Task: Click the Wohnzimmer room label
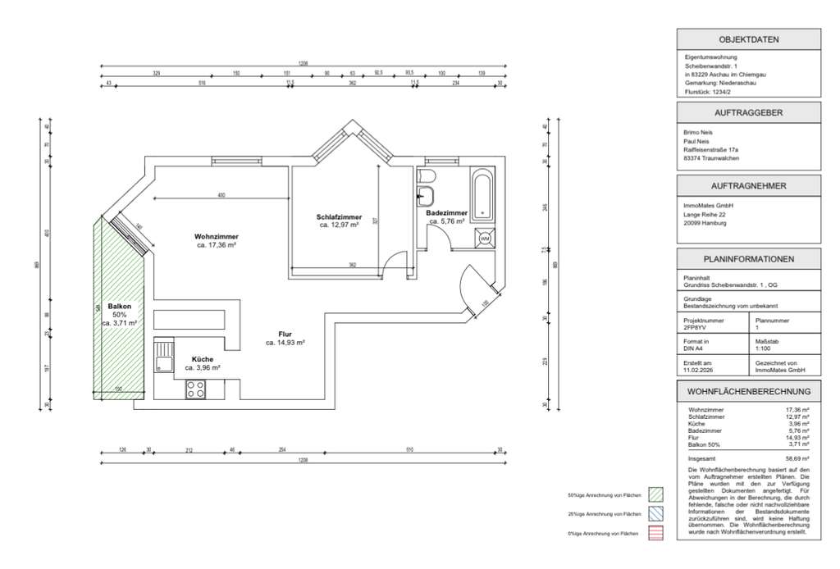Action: [217, 235]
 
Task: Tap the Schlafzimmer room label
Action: [339, 217]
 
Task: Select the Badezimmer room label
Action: [446, 213]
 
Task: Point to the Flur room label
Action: [285, 334]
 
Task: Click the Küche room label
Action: [203, 359]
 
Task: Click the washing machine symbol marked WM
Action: [484, 239]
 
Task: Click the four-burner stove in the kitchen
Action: [196, 389]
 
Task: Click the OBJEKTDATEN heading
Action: [748, 39]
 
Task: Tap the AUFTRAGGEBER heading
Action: [748, 113]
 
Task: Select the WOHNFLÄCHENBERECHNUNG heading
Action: [748, 392]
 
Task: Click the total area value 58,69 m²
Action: [797, 459]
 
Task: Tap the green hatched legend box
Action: [655, 495]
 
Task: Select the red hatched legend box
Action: [655, 533]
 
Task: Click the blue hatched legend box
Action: [655, 514]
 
